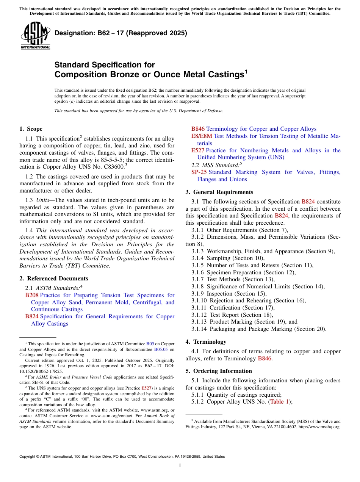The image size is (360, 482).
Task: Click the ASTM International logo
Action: click(35, 35)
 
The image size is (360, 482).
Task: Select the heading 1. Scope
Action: click(31, 129)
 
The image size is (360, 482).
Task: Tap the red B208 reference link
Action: click(32, 295)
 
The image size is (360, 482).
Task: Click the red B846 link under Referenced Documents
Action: click(198, 129)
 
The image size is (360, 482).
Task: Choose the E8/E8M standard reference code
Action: click(202, 136)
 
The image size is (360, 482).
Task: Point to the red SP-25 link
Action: click(199, 172)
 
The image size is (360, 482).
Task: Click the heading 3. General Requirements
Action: click(219, 192)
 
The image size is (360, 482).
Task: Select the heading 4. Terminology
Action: click(206, 341)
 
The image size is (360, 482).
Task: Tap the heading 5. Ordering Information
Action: click(219, 371)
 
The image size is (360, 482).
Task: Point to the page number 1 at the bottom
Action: click(180, 465)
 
